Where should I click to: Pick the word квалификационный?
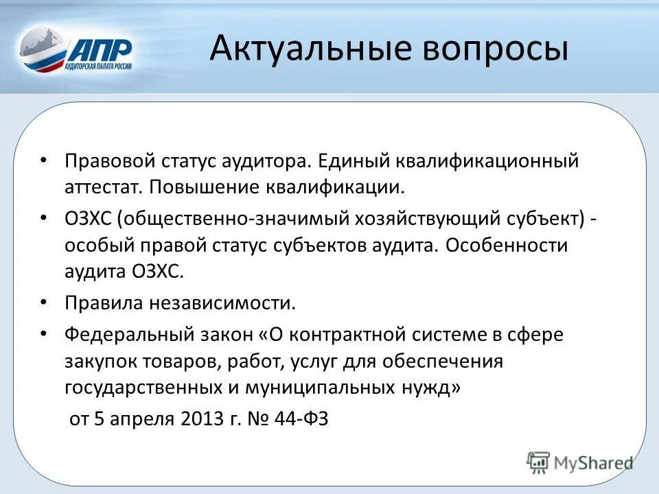[x=487, y=161]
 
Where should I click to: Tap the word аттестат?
[x=103, y=187]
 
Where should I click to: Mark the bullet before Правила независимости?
[x=43, y=302]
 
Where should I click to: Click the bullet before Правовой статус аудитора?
[x=43, y=161]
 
